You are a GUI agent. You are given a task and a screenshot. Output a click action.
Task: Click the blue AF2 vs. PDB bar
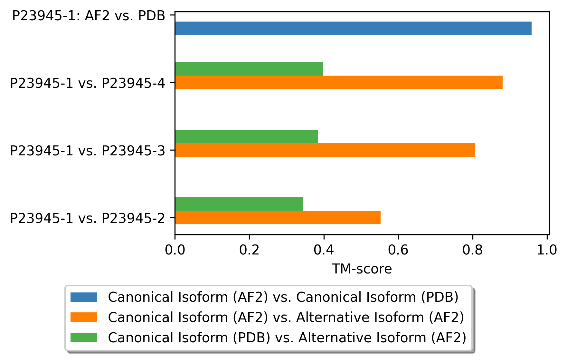pos(353,28)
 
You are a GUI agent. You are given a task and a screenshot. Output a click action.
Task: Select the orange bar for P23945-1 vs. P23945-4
pos(338,82)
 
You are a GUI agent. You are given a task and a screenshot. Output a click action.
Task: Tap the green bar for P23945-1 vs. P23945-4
pos(249,69)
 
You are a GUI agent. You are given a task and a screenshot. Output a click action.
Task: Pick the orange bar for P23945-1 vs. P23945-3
pos(325,150)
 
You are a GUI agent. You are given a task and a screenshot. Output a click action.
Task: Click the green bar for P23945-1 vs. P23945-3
pos(246,136)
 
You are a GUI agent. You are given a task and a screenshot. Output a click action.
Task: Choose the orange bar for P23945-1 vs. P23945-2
pos(278,217)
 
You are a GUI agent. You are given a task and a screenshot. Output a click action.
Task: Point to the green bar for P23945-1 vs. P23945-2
pos(239,204)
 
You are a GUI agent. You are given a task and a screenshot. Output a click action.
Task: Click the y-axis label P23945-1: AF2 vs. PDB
pos(89,15)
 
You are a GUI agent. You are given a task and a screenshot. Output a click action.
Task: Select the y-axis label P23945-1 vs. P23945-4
pos(87,83)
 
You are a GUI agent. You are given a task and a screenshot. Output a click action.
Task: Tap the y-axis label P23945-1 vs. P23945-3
pos(87,151)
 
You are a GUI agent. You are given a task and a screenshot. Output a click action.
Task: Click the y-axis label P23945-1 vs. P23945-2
pos(87,218)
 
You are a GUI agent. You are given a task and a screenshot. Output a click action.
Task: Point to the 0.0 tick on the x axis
pos(175,250)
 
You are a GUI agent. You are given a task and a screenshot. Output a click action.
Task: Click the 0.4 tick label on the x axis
pos(324,250)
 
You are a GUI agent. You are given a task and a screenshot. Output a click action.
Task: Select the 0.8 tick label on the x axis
pos(472,250)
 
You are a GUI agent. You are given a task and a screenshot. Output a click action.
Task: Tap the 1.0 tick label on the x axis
pos(547,250)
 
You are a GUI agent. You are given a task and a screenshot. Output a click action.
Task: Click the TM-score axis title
pos(362,269)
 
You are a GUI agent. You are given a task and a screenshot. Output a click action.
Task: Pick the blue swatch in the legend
pos(84,297)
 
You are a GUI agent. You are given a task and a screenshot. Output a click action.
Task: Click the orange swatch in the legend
pos(84,317)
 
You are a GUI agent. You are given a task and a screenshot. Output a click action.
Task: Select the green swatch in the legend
pos(84,337)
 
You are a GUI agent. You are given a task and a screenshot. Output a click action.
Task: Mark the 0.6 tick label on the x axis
pos(398,250)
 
